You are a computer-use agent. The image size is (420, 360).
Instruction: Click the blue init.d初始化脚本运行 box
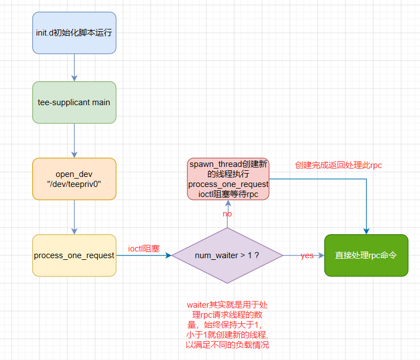pos(74,33)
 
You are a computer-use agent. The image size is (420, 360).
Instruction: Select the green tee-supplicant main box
pos(74,102)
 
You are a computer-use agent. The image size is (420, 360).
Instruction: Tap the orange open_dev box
pos(74,179)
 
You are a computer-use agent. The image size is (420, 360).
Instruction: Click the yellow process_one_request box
pos(74,255)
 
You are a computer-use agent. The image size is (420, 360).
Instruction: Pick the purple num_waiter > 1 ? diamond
pos(227,255)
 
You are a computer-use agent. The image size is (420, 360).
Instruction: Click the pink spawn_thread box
pos(228,179)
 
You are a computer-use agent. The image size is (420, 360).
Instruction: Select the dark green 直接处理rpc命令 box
pos(366,255)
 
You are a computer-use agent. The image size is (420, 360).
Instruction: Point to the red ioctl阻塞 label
pos(144,249)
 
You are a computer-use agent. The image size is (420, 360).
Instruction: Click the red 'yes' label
pos(307,255)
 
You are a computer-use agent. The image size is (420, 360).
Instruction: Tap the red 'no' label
pos(227,214)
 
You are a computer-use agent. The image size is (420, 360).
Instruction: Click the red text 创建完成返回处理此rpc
pos(338,165)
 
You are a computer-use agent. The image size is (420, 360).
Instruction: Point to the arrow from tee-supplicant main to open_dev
pos(74,140)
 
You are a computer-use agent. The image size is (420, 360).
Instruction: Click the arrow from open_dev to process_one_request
pos(74,217)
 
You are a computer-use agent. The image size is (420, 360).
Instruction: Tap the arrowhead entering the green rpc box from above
pos(366,231)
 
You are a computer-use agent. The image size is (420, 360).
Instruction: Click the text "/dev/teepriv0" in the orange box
pos(74,184)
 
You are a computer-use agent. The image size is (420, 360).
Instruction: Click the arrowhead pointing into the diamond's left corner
pos(168,255)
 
